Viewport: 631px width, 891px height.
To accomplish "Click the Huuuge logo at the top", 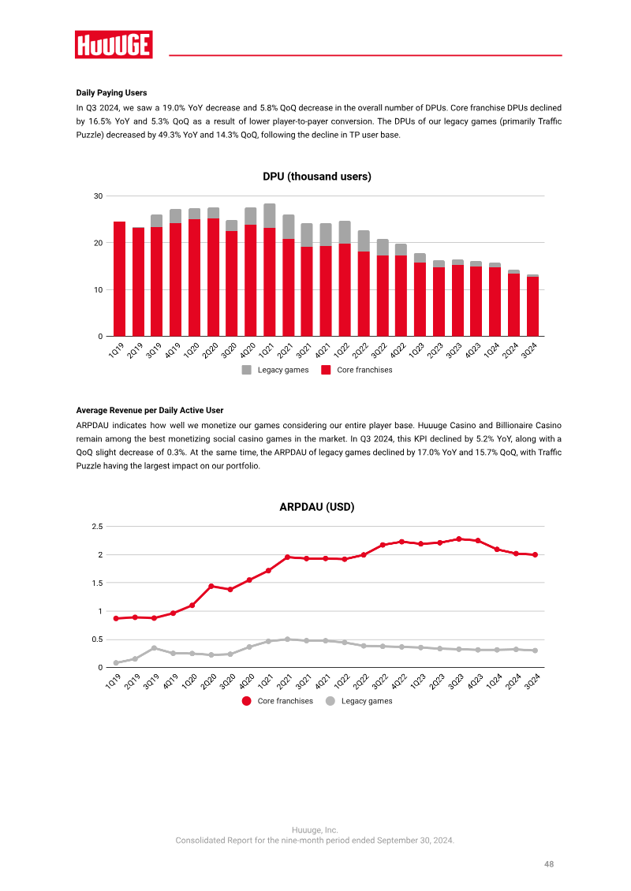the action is coord(114,45).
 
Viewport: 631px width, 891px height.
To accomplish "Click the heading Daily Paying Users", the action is coord(111,92).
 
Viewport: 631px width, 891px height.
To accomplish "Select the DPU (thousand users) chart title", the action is coord(316,176).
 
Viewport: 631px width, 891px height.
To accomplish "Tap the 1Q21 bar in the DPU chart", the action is coord(270,270).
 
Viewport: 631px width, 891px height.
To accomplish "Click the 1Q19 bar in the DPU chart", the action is coord(119,279).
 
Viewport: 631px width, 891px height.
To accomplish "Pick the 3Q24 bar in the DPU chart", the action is coord(532,305).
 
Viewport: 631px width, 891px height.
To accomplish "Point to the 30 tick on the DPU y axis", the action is coord(99,196).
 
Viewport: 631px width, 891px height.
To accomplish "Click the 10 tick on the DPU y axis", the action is coord(99,290).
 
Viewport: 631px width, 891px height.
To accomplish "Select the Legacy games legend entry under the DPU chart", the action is coord(275,370).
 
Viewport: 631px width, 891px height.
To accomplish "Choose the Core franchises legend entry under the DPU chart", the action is coord(357,370).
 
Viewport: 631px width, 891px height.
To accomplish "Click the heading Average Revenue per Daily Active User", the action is coord(150,410).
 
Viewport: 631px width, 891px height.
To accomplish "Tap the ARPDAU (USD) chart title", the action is coord(316,507).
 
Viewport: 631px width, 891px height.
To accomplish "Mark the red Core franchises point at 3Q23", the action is coord(459,539).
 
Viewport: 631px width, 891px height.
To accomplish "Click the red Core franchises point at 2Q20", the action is coord(211,586).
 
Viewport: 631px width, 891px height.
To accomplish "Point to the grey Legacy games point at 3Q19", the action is coord(154,648).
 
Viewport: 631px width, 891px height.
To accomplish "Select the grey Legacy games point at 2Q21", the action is coord(287,639).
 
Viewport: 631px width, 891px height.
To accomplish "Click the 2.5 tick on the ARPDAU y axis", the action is coord(97,526).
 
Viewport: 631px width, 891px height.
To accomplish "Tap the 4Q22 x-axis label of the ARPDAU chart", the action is coord(399,680).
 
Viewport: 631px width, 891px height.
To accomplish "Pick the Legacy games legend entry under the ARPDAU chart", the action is coord(359,701).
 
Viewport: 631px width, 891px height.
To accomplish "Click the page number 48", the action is coord(548,863).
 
